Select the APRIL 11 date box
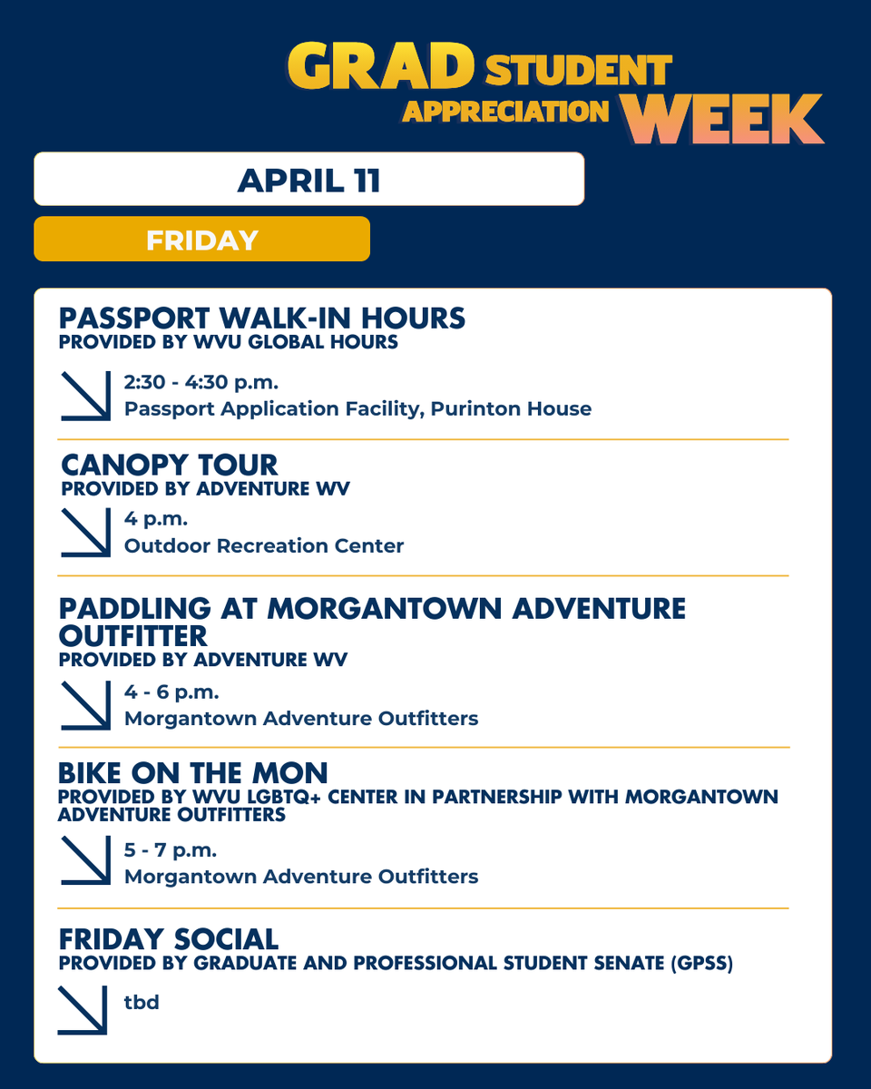308,180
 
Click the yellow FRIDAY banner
201,240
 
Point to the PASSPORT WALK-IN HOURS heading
261,319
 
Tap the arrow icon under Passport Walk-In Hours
85,396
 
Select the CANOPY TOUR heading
169,465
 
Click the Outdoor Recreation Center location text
264,545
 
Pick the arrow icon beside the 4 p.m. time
85,532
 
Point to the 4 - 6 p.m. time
172,692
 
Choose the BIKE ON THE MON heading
192,773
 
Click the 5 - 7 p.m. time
171,850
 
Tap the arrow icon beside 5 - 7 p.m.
85,861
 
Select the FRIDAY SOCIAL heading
168,938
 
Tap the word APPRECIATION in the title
506,110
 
